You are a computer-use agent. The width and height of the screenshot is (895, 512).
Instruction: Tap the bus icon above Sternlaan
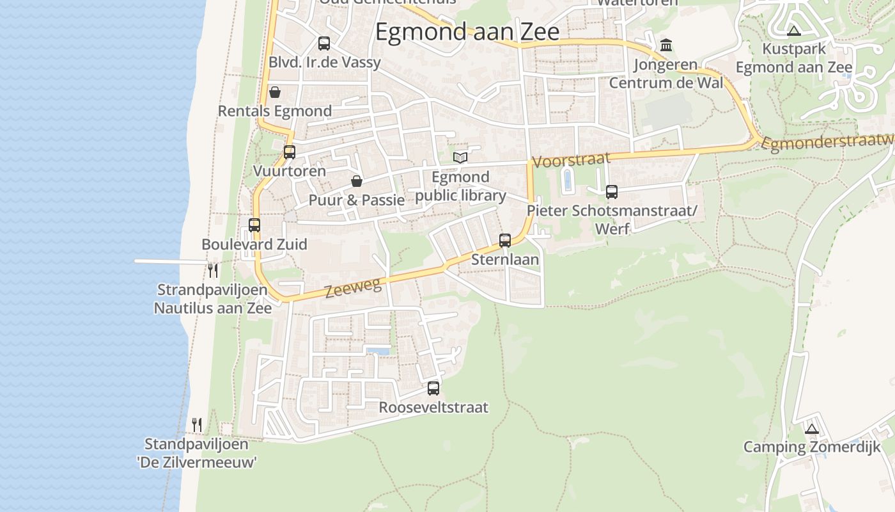click(x=505, y=241)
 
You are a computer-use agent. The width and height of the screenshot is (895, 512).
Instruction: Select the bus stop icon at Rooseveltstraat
click(x=433, y=388)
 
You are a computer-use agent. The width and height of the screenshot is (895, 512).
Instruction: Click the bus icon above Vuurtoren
click(x=290, y=152)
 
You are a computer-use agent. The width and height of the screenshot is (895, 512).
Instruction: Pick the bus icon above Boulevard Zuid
click(x=254, y=225)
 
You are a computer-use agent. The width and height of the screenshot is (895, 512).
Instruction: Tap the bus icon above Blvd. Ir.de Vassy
click(x=324, y=44)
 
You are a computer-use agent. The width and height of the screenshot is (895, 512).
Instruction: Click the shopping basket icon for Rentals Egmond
click(x=275, y=92)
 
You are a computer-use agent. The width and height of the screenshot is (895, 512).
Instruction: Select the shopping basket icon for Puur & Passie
click(x=357, y=181)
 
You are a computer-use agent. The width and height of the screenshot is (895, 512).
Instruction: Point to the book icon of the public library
click(x=460, y=157)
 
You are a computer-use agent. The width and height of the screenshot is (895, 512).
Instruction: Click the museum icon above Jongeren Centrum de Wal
click(x=666, y=45)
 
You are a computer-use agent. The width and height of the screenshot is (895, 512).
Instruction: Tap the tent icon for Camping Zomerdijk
click(x=812, y=429)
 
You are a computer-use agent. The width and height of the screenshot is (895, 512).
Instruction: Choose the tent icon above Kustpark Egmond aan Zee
click(x=793, y=31)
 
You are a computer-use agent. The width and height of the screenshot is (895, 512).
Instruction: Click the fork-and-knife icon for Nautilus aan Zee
click(x=213, y=271)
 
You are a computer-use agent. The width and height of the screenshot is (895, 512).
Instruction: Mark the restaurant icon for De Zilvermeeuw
click(x=197, y=424)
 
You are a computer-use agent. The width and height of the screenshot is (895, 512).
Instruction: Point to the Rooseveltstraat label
click(x=433, y=407)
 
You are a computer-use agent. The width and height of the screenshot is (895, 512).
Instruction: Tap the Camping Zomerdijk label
click(x=812, y=447)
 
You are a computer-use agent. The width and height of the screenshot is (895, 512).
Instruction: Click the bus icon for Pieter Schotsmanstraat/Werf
click(x=611, y=191)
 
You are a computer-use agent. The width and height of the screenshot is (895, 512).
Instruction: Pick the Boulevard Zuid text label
click(x=254, y=244)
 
